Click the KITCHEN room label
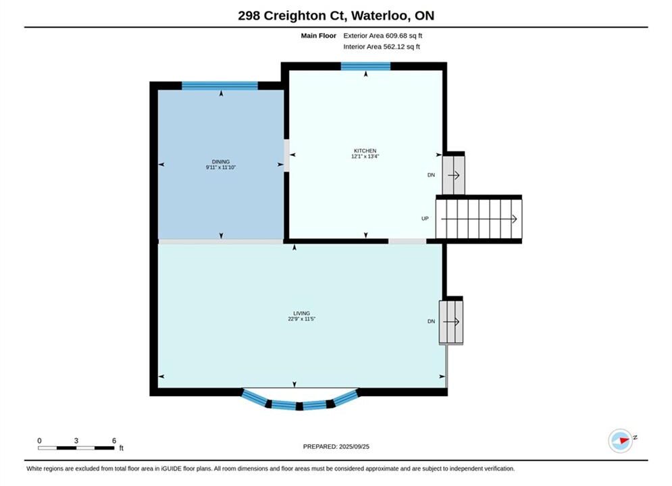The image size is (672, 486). click(365, 151)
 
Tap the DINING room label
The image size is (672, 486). click(221, 162)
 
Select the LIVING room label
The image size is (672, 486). click(302, 313)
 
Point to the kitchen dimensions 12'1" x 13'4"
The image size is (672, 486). click(365, 157)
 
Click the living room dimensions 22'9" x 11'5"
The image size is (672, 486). click(302, 319)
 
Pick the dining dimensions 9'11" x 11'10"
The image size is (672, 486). click(221, 167)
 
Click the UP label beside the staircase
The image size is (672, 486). click(425, 219)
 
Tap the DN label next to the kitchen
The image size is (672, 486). click(431, 175)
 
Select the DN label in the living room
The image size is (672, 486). click(431, 321)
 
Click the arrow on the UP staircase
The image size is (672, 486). click(479, 219)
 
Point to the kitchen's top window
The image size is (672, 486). click(365, 66)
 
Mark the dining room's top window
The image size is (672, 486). click(220, 86)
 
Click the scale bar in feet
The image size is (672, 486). click(76, 448)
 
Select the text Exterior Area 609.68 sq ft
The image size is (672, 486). click(383, 36)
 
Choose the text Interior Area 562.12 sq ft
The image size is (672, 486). click(382, 47)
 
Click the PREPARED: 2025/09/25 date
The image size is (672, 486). click(336, 447)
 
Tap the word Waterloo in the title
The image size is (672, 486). click(380, 16)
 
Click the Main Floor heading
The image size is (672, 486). click(318, 36)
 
